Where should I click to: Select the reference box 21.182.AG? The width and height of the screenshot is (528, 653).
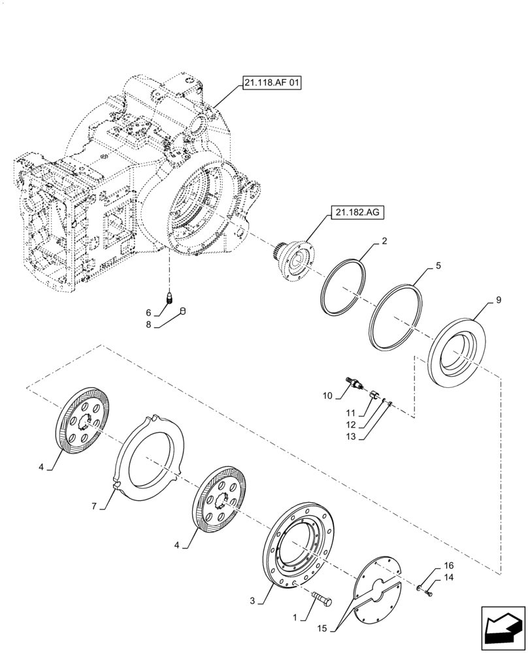tap(359, 213)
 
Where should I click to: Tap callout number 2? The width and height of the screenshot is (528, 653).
tap(385, 241)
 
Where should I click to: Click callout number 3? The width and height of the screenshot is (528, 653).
tap(252, 599)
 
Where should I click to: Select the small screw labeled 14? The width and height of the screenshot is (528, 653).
tap(428, 593)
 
